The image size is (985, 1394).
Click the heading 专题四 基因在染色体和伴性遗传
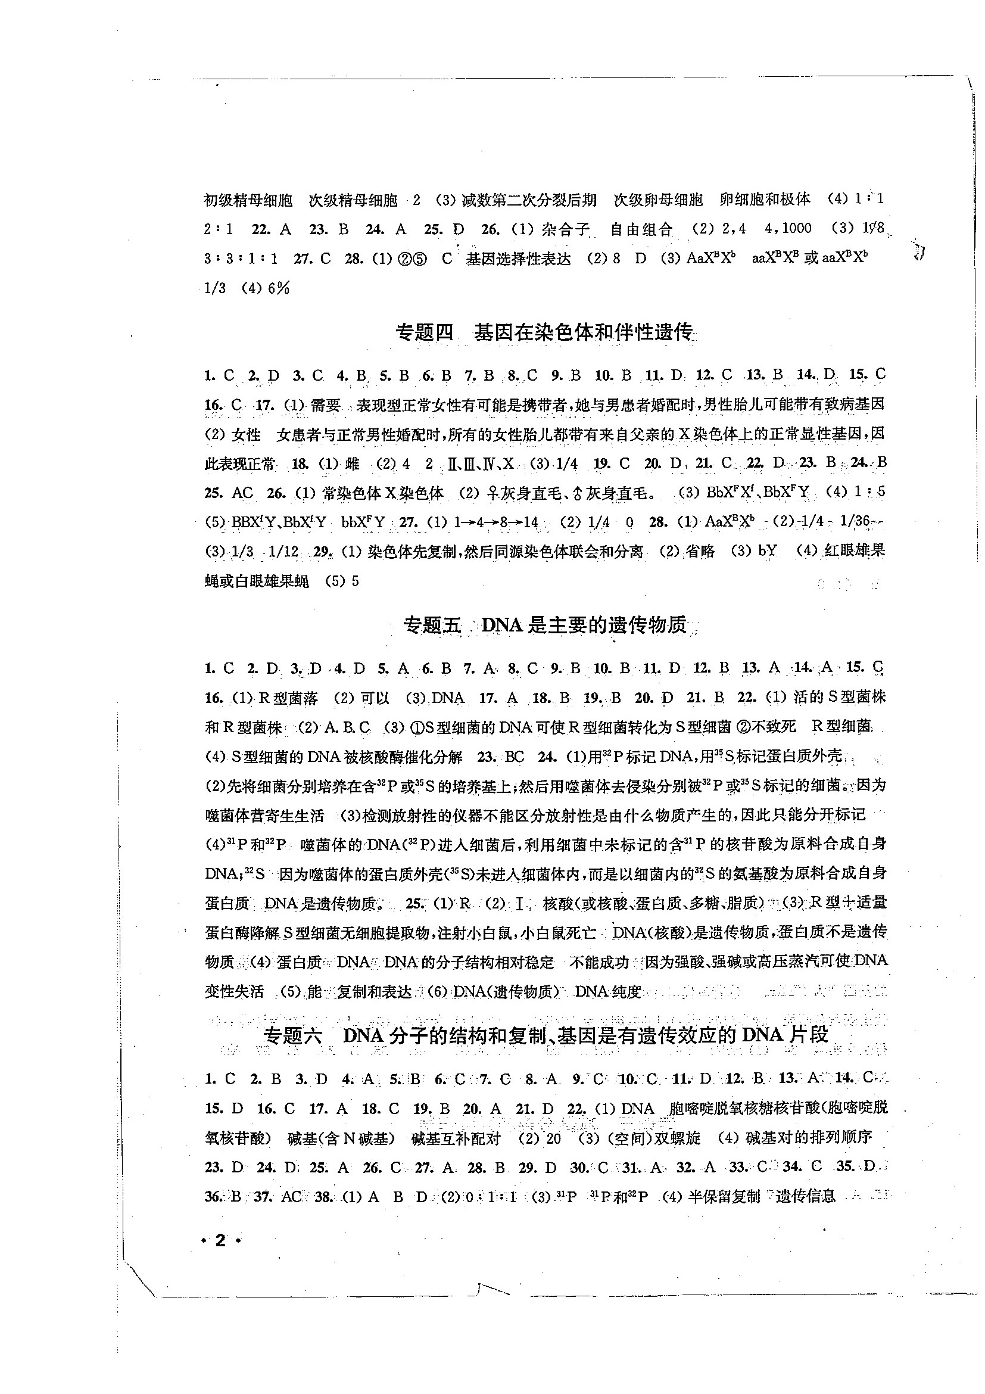pos(544,333)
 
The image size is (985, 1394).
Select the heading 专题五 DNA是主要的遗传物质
pos(545,626)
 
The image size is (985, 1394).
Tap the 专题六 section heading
pos(545,1035)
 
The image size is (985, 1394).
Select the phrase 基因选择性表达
pos(518,259)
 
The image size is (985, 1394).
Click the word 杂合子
pos(566,229)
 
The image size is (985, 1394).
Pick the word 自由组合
pos(641,229)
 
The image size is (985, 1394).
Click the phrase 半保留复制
pos(724,1196)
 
